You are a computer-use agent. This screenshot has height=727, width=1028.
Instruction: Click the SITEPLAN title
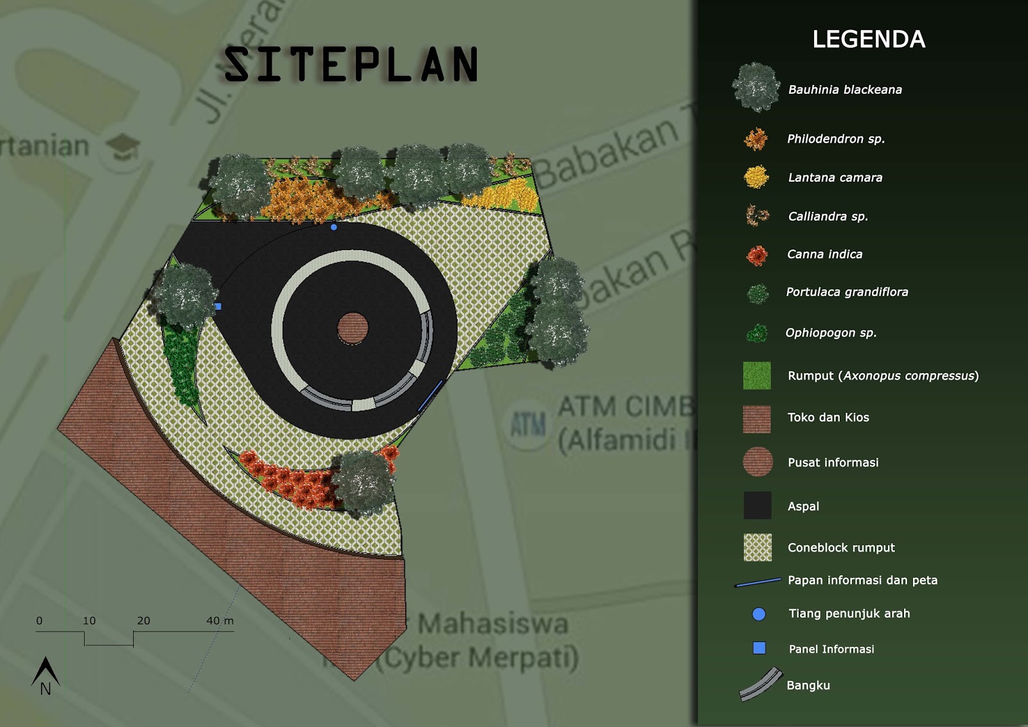(x=351, y=65)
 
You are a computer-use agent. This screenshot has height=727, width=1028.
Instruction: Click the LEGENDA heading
(x=869, y=39)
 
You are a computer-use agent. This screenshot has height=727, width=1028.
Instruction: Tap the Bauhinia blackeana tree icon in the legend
(x=756, y=87)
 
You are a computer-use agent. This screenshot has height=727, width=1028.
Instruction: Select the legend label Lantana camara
(x=835, y=177)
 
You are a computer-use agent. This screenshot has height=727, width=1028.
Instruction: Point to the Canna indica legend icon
(x=757, y=255)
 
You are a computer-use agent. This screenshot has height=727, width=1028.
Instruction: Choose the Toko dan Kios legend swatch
(x=757, y=418)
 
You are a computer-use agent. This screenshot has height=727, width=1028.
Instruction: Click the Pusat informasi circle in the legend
(x=758, y=462)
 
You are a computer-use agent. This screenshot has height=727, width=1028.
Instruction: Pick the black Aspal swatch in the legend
(x=757, y=505)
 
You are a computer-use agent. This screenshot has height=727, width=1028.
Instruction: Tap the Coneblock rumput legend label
(x=841, y=548)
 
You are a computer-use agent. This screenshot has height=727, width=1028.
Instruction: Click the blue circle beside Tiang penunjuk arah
(x=759, y=614)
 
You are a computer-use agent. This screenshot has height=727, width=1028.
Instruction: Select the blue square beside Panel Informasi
(x=759, y=648)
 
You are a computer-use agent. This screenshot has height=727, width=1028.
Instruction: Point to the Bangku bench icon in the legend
(x=761, y=685)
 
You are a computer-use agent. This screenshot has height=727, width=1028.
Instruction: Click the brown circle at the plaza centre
(x=353, y=328)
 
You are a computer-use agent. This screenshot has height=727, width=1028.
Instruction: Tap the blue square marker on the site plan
(x=218, y=307)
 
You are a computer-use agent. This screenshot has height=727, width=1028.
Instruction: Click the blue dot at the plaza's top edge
(x=333, y=227)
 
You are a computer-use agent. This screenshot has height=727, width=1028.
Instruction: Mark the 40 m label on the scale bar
(x=220, y=621)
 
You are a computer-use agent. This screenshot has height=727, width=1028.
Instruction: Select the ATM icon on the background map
(x=528, y=424)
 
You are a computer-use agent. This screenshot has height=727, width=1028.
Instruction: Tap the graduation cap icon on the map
(x=122, y=147)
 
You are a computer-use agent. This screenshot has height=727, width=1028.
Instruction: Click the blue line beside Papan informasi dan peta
(x=758, y=582)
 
